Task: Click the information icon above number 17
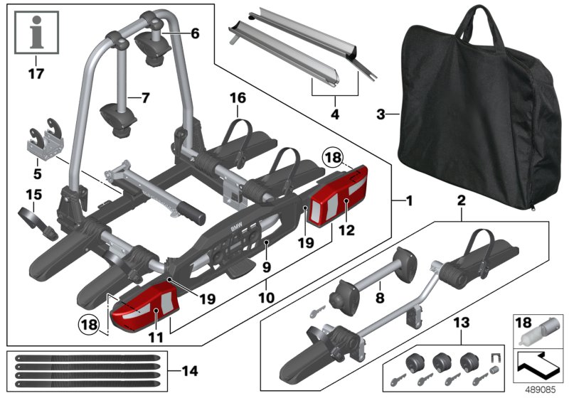coord(36,33)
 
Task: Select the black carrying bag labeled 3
coord(479,109)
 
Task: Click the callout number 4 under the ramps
coord(335,114)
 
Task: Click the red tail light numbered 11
coord(145,307)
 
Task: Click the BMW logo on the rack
coord(236,228)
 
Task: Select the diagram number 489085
coord(541,389)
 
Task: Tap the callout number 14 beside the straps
coord(190,371)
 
